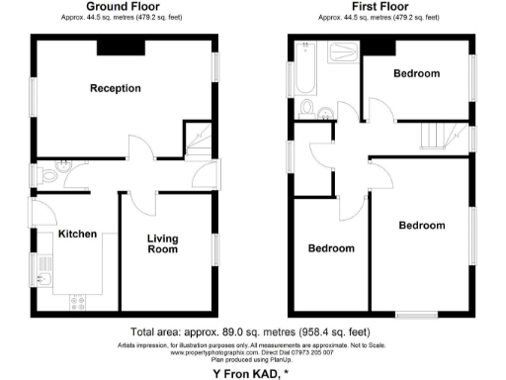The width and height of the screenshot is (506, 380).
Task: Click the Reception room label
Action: click(116, 89)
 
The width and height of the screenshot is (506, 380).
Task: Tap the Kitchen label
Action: click(77, 235)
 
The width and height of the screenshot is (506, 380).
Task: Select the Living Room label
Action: click(163, 243)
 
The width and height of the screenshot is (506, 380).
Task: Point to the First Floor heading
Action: click(380, 7)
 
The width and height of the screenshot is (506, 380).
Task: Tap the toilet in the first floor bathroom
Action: click(308, 106)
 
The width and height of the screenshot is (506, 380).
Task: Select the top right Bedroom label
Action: click(416, 74)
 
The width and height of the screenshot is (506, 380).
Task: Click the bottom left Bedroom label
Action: click(329, 248)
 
